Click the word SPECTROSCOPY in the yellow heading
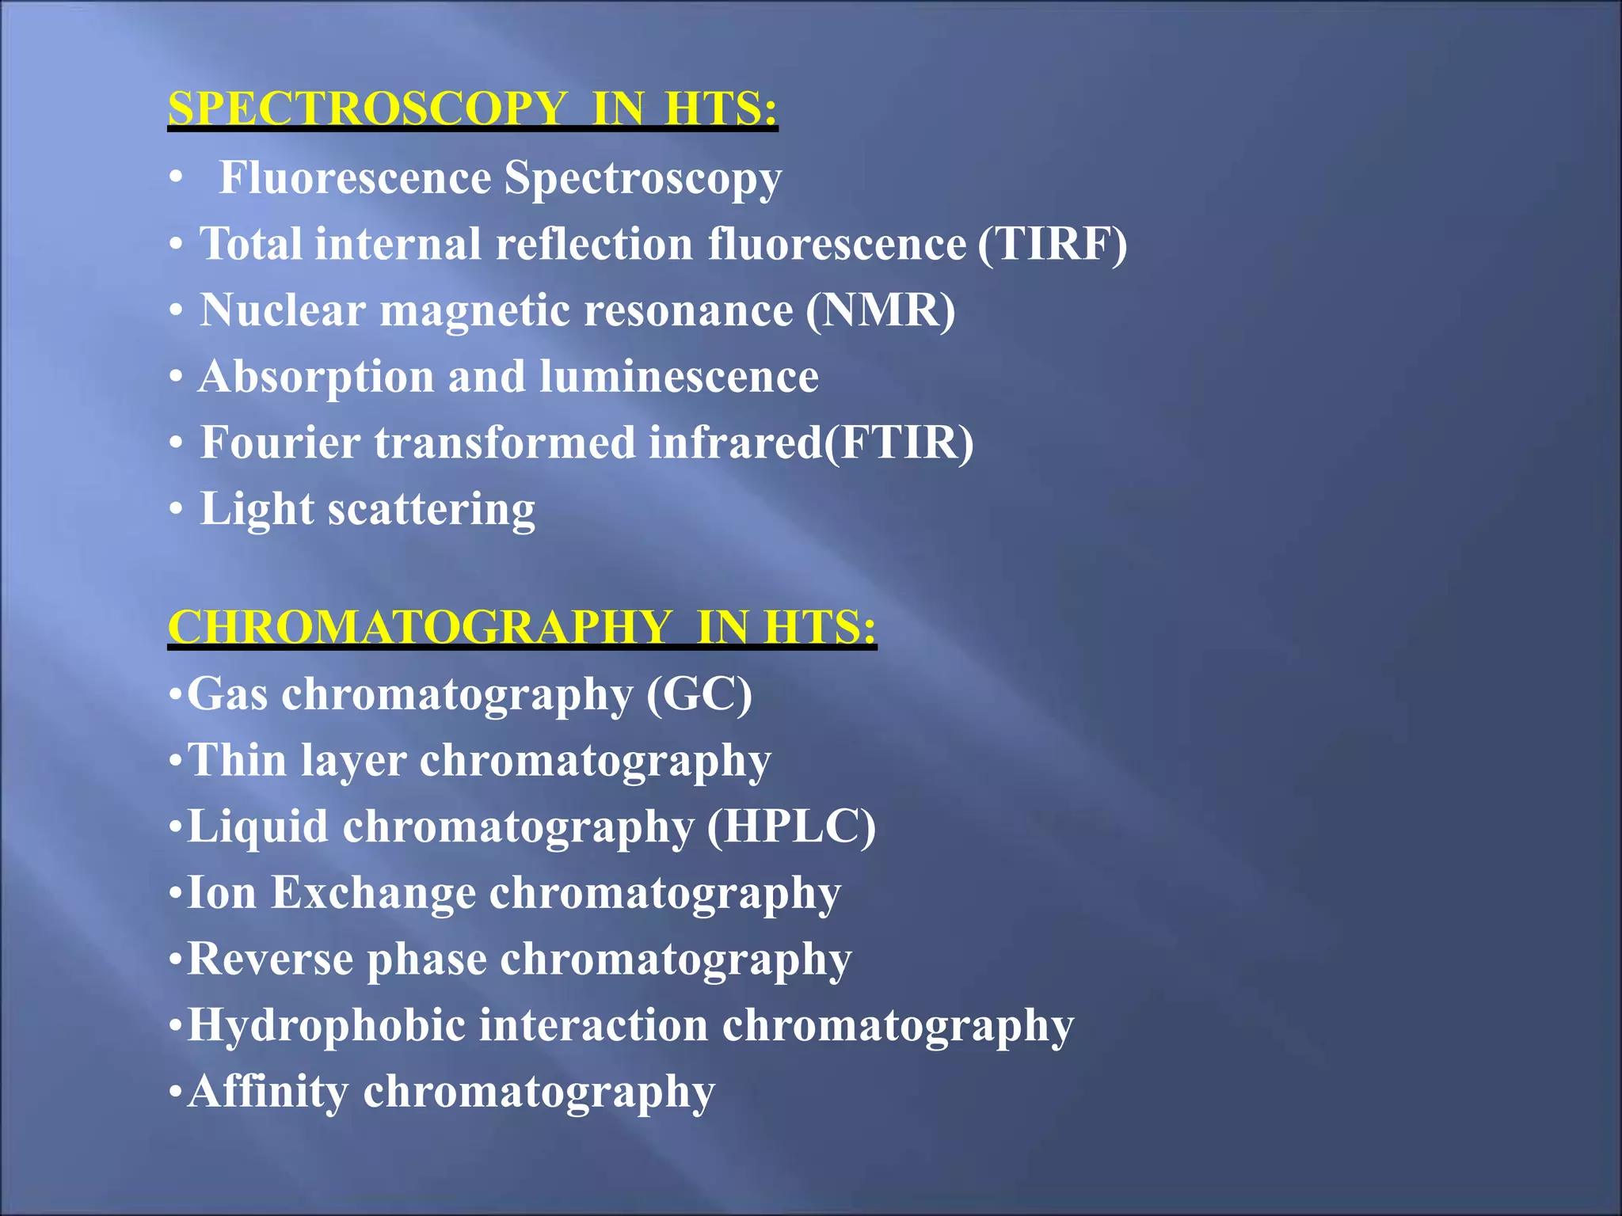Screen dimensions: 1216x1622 pyautogui.click(x=368, y=108)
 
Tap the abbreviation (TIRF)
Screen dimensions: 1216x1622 pyautogui.click(x=1052, y=244)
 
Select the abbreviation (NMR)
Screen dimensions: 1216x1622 pyautogui.click(x=880, y=310)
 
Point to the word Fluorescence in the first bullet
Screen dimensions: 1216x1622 pyautogui.click(x=355, y=177)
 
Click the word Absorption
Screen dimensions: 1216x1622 pyautogui.click(x=316, y=377)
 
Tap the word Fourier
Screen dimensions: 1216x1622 pyautogui.click(x=280, y=443)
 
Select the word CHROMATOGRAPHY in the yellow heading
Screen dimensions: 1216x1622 pyautogui.click(x=420, y=627)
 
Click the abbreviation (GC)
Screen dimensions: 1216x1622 pyautogui.click(x=699, y=694)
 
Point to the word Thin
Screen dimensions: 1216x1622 pyautogui.click(x=237, y=761)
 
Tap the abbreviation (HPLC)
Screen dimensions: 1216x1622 pyautogui.click(x=790, y=826)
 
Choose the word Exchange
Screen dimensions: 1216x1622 pyautogui.click(x=374, y=893)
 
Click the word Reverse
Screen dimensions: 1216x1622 pyautogui.click(x=270, y=959)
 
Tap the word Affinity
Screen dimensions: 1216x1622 pyautogui.click(x=268, y=1092)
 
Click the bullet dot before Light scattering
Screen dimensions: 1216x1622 pyautogui.click(x=176, y=509)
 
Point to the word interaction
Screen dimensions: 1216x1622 pyautogui.click(x=593, y=1025)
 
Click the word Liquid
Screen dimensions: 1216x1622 pyautogui.click(x=257, y=826)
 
